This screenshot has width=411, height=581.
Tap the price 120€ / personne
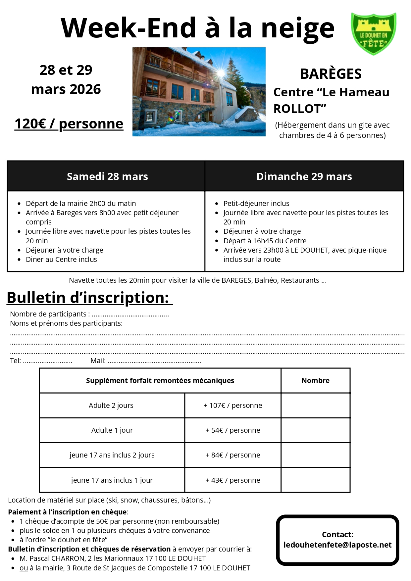tap(69, 124)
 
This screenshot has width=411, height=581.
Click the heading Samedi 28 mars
tap(107, 176)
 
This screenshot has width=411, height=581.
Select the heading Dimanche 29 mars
tap(304, 176)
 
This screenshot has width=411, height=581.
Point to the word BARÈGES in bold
tap(331, 74)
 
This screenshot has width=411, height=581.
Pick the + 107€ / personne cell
tap(233, 406)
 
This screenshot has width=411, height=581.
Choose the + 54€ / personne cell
tap(233, 430)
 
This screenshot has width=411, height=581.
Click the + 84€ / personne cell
tap(233, 455)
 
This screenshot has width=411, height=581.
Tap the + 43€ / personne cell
tap(233, 480)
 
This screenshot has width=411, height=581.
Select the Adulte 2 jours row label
tap(111, 406)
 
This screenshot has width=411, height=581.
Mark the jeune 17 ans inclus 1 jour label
tap(112, 480)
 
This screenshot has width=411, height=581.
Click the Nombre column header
tap(315, 381)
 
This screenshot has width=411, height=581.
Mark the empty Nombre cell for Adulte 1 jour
tap(315, 430)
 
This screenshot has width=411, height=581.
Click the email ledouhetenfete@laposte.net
tap(337, 545)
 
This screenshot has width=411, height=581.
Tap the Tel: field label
tap(15, 361)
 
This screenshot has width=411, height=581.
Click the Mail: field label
tap(98, 361)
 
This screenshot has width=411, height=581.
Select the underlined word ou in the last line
tap(24, 568)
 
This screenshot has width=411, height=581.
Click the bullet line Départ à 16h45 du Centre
tap(265, 241)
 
